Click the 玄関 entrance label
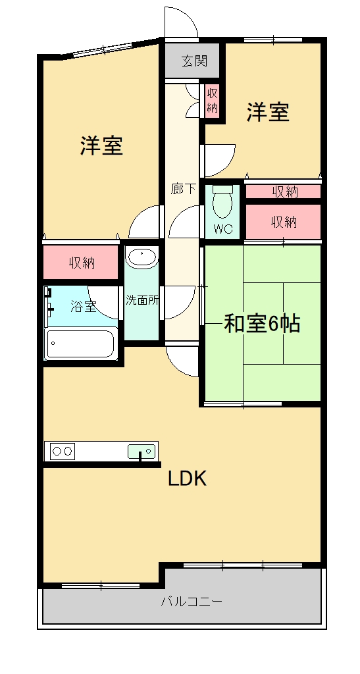point(194,61)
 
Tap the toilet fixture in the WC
point(222,201)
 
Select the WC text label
point(223,229)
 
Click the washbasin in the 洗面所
point(141,259)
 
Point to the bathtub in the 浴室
point(80,344)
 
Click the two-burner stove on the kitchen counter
point(63,451)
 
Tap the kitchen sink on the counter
point(141,452)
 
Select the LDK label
point(188,479)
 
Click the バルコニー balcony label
point(192,601)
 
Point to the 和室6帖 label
point(262,324)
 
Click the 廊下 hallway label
point(183,189)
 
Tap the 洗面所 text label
point(142,300)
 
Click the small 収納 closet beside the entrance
point(212,100)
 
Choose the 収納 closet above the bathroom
point(81,262)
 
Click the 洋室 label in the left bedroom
point(102,145)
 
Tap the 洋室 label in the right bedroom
point(268,112)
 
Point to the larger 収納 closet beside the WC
point(284,221)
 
